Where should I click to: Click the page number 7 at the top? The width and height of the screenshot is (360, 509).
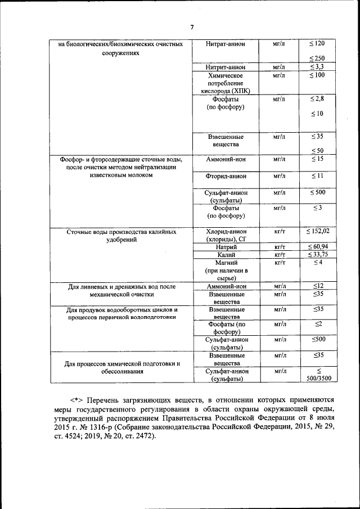[191, 27]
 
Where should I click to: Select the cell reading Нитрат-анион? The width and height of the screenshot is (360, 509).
[225, 44]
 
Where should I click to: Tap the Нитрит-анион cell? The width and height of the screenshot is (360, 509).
[225, 67]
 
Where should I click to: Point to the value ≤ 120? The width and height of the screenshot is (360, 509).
[317, 44]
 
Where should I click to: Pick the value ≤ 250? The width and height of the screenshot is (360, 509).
[317, 58]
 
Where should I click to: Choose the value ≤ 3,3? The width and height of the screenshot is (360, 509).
[317, 67]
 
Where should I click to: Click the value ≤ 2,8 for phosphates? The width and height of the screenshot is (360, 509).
[317, 99]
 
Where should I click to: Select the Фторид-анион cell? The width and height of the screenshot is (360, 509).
[225, 177]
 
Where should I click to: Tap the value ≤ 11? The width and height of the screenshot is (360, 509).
[317, 177]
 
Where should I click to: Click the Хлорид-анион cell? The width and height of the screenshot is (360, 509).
[225, 231]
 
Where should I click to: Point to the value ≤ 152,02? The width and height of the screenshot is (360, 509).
[317, 231]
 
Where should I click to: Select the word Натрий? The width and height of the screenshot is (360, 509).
[225, 247]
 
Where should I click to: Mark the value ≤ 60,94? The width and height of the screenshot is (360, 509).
[317, 247]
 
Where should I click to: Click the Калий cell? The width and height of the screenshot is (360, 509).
[225, 255]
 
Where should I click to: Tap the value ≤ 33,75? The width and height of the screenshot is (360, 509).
[317, 255]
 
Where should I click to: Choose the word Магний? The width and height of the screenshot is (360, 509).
[225, 263]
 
